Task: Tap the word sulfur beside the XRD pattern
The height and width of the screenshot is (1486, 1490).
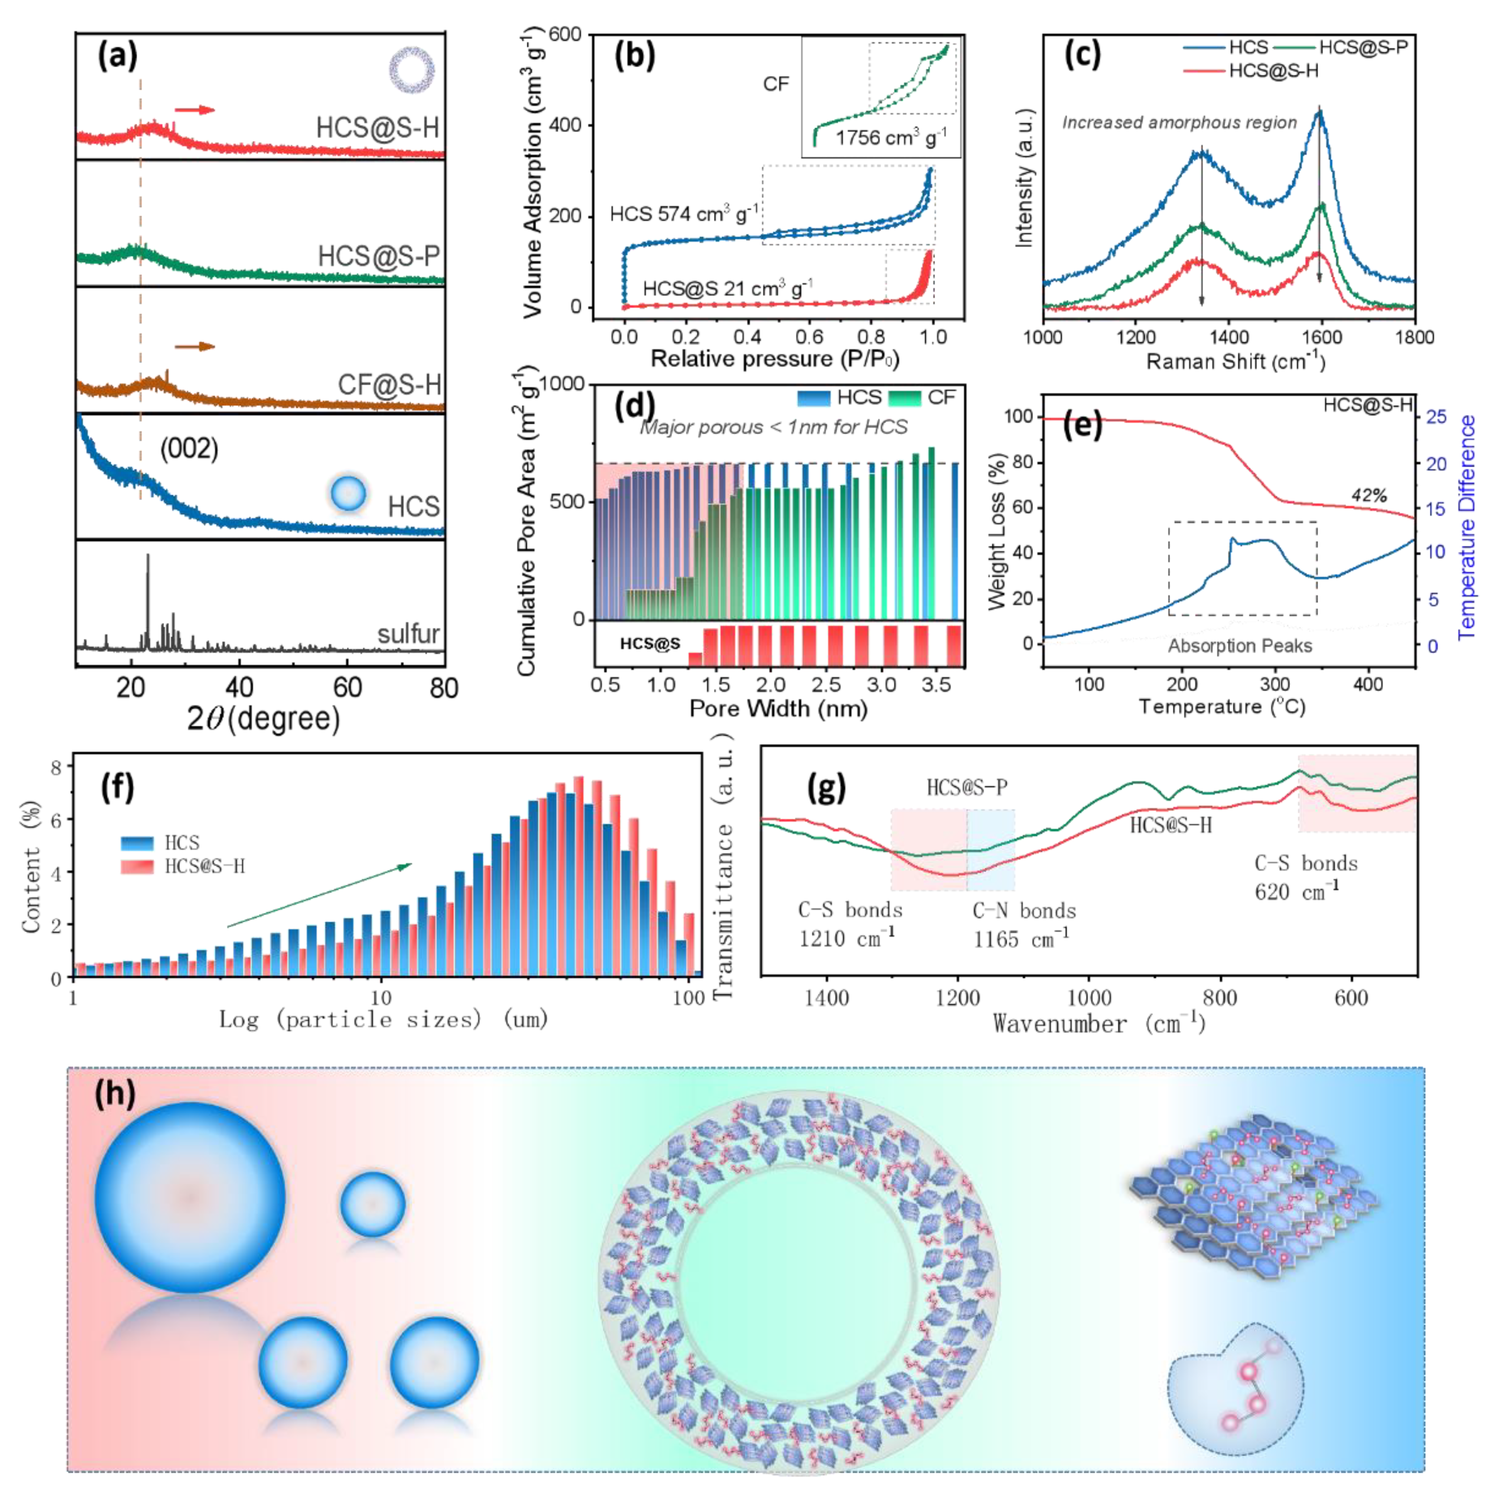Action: [408, 634]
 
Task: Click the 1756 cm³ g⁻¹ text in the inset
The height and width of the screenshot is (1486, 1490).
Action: [891, 138]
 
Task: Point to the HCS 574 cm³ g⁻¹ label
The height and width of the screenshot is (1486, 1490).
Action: [683, 214]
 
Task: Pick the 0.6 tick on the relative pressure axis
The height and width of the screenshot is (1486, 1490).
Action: [808, 337]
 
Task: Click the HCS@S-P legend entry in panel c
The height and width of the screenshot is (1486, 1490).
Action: [1362, 48]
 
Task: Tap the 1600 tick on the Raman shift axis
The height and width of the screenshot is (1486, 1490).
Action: [1321, 337]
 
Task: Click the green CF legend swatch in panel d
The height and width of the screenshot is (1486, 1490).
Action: [905, 398]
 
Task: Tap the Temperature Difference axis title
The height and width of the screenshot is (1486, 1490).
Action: [1467, 527]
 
